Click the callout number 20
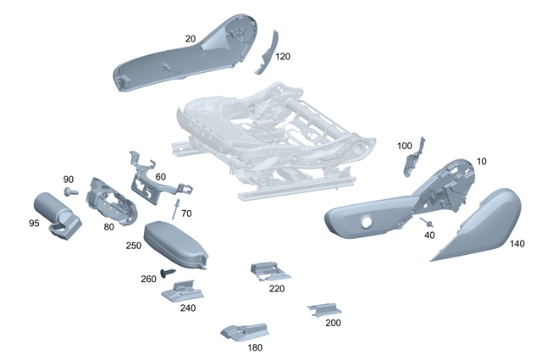tap(190, 38)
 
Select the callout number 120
tap(283, 56)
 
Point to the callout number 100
tap(405, 145)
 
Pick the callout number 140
tap(517, 243)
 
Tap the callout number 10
tap(482, 161)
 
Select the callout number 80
tap(108, 226)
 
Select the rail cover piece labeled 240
tap(181, 292)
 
